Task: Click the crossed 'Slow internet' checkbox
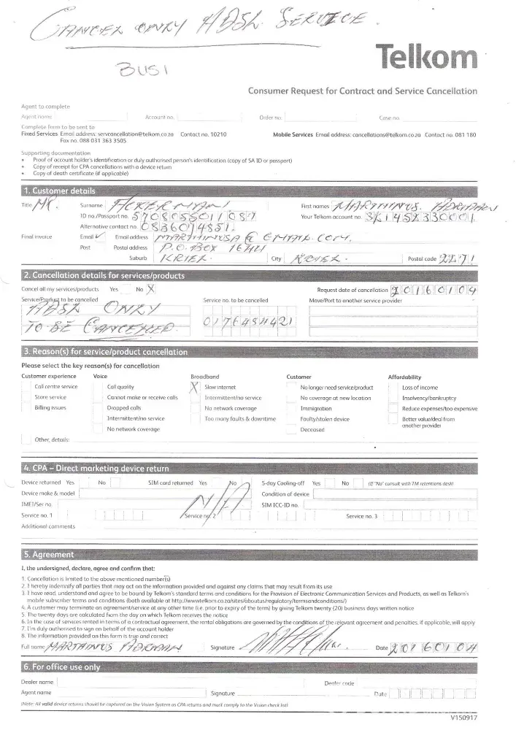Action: coord(194,386)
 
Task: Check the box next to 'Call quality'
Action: coord(99,387)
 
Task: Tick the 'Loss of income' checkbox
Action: coord(394,387)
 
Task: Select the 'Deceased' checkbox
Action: coord(293,430)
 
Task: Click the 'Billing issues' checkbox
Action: coord(27,408)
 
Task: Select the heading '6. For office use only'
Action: coord(62,667)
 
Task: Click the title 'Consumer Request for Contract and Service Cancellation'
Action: coord(362,91)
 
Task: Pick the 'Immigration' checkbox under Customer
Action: coord(293,408)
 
